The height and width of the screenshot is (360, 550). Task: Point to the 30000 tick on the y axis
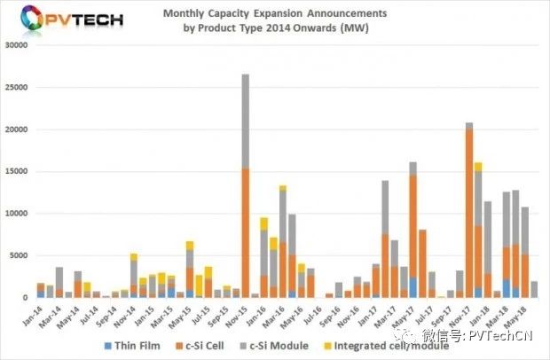[x=16, y=46]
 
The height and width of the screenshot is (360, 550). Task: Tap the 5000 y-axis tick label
[x=19, y=256]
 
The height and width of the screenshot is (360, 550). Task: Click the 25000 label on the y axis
[x=16, y=88]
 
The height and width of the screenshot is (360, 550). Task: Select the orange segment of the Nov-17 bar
[x=468, y=213]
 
